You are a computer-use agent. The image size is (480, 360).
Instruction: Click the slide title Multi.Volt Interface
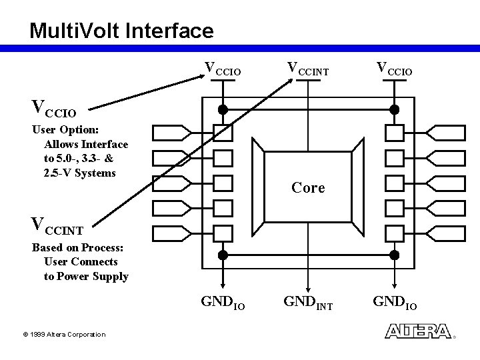click(x=121, y=30)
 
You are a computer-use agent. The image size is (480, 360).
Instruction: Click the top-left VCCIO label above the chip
click(x=222, y=68)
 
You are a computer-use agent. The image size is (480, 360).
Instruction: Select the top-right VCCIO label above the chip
click(x=395, y=68)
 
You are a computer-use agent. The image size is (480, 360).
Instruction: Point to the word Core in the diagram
click(x=308, y=188)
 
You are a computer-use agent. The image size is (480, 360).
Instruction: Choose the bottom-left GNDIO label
click(x=223, y=304)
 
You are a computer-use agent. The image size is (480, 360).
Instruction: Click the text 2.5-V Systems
click(x=80, y=173)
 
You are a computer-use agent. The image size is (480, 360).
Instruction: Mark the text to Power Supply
click(x=86, y=276)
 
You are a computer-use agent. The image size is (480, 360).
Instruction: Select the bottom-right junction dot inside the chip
click(x=394, y=254)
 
